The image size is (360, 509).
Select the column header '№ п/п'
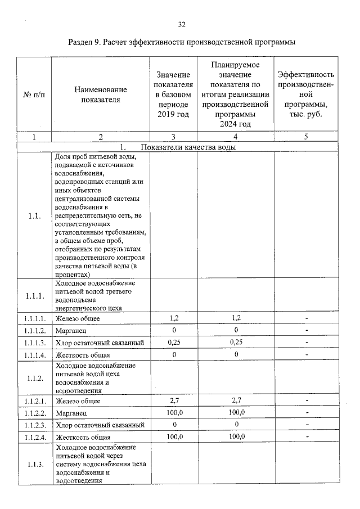(x=34, y=95)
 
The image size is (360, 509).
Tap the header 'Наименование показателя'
(x=101, y=95)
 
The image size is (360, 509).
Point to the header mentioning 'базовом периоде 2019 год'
(x=173, y=94)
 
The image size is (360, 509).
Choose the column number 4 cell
(x=235, y=137)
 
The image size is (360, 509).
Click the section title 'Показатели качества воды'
(x=188, y=147)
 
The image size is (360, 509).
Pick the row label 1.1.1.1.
(x=34, y=319)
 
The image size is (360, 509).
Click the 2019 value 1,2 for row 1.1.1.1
(x=174, y=318)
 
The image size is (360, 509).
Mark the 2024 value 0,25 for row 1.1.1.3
(x=235, y=343)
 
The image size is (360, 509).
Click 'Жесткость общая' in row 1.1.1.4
(x=83, y=355)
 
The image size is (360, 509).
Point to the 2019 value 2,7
(x=174, y=400)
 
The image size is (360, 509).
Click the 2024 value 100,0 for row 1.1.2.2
(x=235, y=412)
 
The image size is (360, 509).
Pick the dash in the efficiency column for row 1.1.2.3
(x=307, y=425)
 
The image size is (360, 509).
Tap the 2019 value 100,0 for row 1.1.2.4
(x=174, y=436)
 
